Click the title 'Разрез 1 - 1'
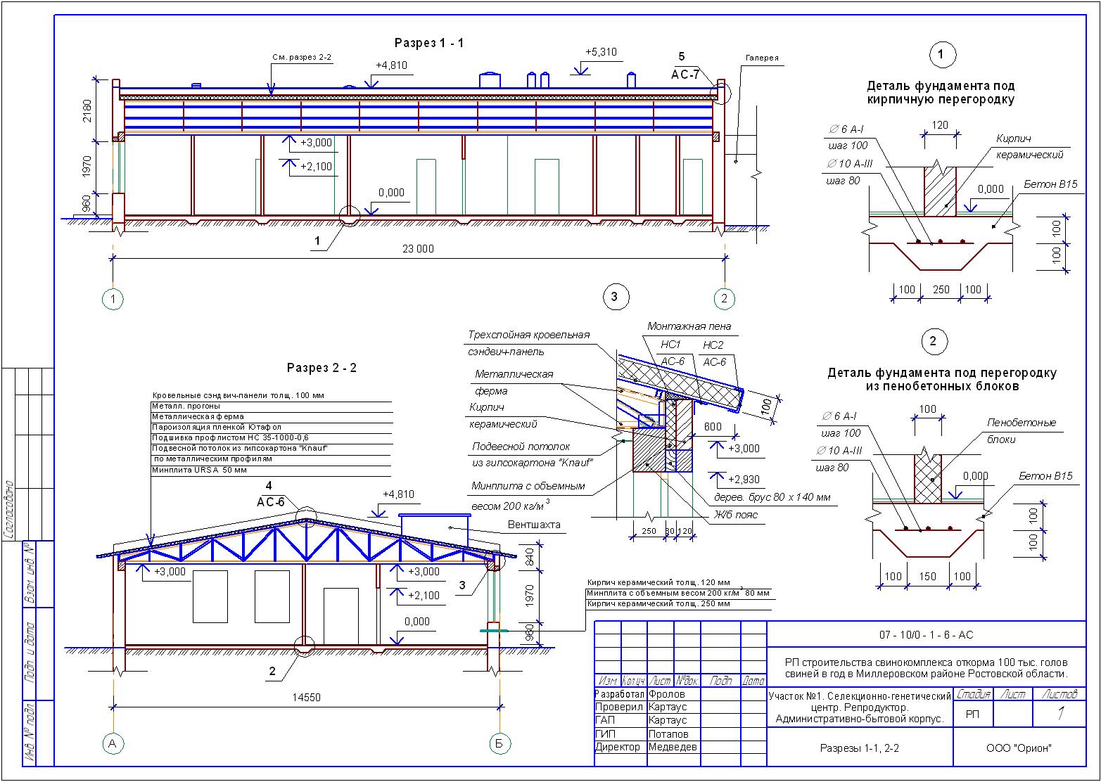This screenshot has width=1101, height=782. pyautogui.click(x=428, y=44)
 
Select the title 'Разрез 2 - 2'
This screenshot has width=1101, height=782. pyautogui.click(x=322, y=368)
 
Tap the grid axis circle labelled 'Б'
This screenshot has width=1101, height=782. pyautogui.click(x=499, y=743)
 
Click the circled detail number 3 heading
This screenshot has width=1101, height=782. pyautogui.click(x=614, y=297)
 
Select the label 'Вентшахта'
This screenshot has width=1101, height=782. pyautogui.click(x=529, y=525)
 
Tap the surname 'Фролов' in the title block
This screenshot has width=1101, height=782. pyautogui.click(x=667, y=694)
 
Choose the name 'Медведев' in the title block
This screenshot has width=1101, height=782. pyautogui.click(x=672, y=747)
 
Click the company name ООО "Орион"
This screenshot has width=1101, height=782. pyautogui.click(x=1019, y=748)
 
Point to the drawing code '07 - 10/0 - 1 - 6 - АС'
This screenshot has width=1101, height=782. pyautogui.click(x=926, y=635)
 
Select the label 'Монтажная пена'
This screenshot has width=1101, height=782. pyautogui.click(x=689, y=326)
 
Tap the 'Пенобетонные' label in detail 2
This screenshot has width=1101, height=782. pyautogui.click(x=1022, y=423)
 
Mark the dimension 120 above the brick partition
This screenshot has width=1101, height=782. pyautogui.click(x=939, y=125)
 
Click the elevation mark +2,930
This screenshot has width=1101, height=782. pyautogui.click(x=744, y=480)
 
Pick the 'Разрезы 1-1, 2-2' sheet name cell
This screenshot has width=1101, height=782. pyautogui.click(x=859, y=748)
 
